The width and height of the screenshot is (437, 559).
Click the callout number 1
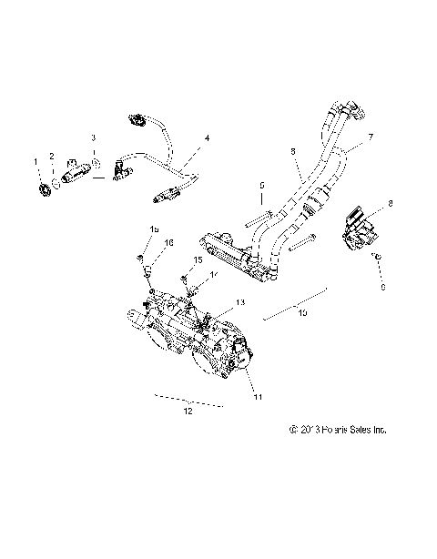[36, 161]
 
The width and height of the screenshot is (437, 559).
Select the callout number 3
[92, 137]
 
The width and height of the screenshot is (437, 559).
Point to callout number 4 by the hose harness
[208, 138]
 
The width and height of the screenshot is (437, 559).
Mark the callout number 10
[302, 311]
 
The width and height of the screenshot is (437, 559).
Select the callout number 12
[188, 412]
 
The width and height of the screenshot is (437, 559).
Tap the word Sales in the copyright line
[351, 429]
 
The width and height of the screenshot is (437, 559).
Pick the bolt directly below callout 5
[260, 217]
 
